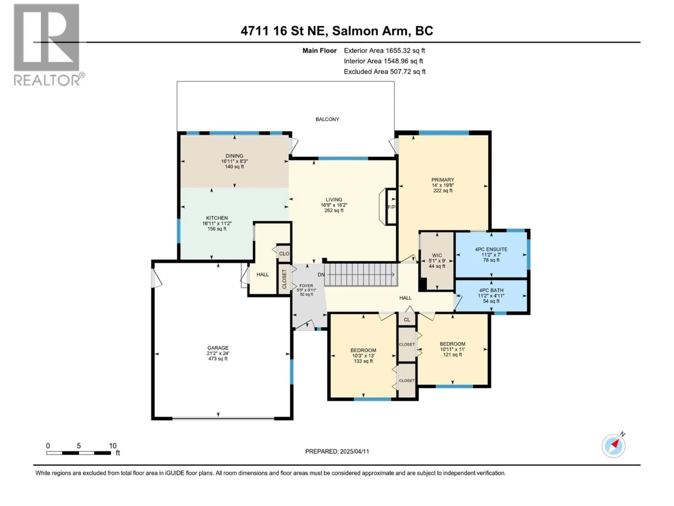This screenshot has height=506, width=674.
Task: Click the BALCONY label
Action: click(327, 119)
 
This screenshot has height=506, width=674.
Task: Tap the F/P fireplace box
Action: click(391, 207)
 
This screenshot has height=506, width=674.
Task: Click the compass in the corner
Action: click(613, 446)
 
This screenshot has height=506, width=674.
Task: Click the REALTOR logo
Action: click(47, 45)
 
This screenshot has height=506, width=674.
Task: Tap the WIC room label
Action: click(437, 255)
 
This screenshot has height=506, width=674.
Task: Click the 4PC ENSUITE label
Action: click(491, 249)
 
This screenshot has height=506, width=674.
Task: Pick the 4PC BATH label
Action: click(491, 290)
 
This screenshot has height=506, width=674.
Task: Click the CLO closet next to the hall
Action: click(284, 254)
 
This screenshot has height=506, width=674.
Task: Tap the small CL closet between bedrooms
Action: click(407, 320)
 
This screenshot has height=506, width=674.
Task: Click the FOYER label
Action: click(306, 286)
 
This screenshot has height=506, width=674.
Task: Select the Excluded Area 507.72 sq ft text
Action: click(385, 72)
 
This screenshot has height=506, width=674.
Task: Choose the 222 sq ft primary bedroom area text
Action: click(443, 191)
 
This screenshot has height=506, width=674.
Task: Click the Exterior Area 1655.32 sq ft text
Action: click(384, 51)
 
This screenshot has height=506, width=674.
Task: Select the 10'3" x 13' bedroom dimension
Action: click(363, 356)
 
